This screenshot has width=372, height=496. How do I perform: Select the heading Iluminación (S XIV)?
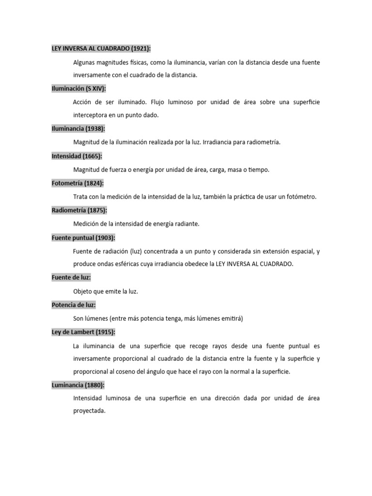pyautogui.click(x=78, y=89)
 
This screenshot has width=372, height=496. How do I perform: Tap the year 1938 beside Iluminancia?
pyautogui.click(x=95, y=129)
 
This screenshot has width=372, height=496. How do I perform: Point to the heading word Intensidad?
pyautogui.click(x=66, y=156)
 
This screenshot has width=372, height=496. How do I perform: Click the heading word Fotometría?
pyautogui.click(x=67, y=183)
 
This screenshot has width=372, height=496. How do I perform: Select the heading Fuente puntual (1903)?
pyautogui.click(x=83, y=237)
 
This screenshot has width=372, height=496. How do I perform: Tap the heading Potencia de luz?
pyautogui.click(x=73, y=305)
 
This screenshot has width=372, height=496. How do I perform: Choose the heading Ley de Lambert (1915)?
pyautogui.click(x=83, y=332)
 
